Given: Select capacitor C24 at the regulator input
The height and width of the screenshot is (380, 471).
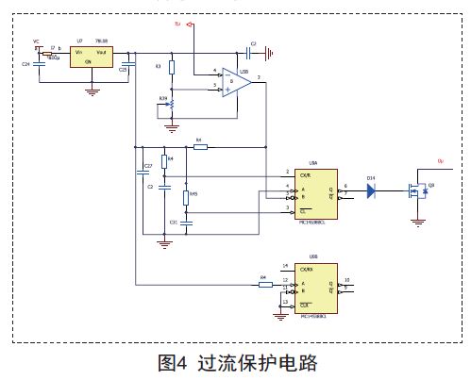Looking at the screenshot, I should pos(39,63).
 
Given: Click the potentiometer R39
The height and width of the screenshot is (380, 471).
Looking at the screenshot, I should pos(171,103).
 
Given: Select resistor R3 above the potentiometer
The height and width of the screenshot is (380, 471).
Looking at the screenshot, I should pos(171,67).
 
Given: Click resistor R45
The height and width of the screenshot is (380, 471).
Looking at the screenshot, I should pos(187,197).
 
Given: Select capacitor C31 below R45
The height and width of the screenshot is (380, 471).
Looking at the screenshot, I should pos(187,223).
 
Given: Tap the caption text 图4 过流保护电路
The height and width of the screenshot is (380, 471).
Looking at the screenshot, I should pos(237,362).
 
